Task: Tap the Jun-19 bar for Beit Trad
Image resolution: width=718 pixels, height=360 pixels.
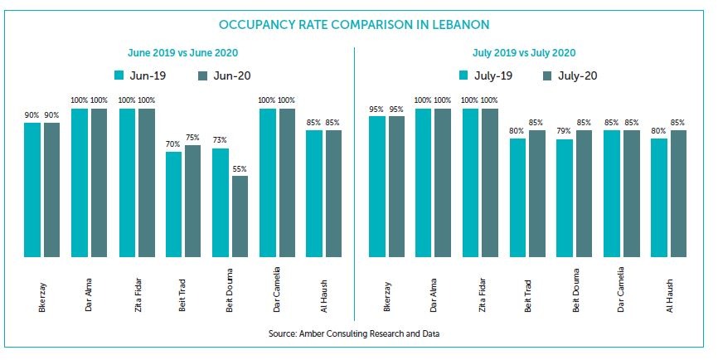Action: tap(173, 203)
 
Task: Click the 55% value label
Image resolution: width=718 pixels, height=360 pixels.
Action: tap(239, 168)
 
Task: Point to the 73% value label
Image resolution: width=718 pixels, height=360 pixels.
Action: tap(220, 141)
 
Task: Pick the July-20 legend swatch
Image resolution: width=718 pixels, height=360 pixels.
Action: tap(547, 75)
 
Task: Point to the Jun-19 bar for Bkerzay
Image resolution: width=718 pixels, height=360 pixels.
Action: tap(32, 189)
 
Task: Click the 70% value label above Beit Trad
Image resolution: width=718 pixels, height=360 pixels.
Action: tap(173, 144)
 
